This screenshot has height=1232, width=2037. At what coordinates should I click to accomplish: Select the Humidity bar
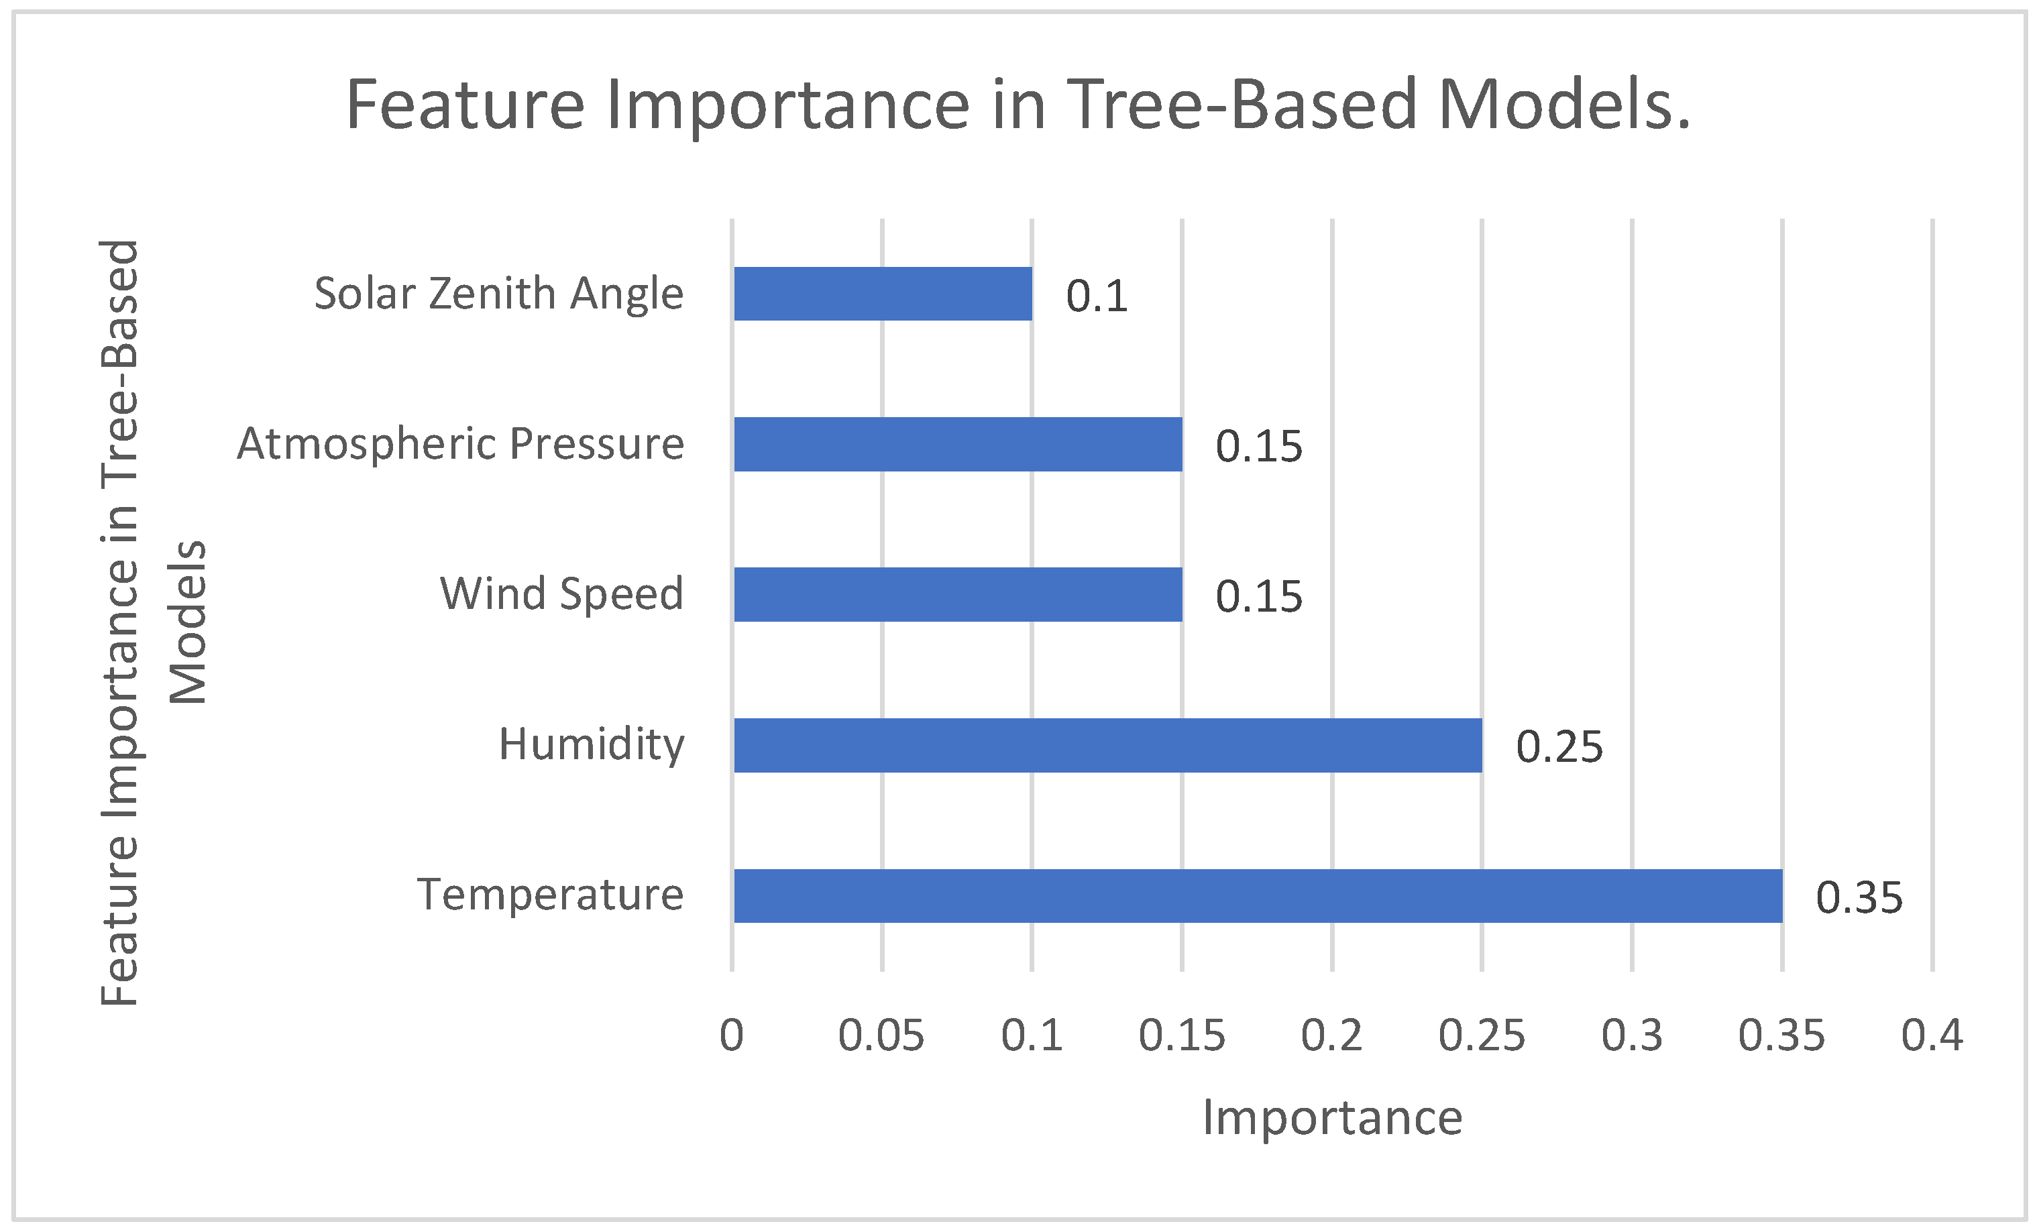coord(1108,745)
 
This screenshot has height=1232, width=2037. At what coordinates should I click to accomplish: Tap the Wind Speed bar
coord(957,594)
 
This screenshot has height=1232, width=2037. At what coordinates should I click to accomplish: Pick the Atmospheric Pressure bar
coord(957,444)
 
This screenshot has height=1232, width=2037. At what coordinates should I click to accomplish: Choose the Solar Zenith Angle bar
coord(883,294)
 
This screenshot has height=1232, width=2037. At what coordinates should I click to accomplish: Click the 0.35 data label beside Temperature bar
coord(1859,898)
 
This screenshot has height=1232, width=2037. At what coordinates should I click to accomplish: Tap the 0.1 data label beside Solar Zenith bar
coord(1096,296)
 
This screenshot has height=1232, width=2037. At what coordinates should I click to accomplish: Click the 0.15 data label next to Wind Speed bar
coord(1258,597)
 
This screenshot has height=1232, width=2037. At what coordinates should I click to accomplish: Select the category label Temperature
coord(551,895)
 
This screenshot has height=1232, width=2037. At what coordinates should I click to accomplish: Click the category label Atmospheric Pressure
coord(461,444)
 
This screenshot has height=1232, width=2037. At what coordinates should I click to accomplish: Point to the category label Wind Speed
coord(562,594)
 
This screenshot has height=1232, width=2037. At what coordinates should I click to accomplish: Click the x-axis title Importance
coord(1332,1119)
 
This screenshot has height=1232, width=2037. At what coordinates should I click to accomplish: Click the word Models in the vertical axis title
coord(188,622)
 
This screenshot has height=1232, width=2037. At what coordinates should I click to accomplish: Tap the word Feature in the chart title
coord(465,105)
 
